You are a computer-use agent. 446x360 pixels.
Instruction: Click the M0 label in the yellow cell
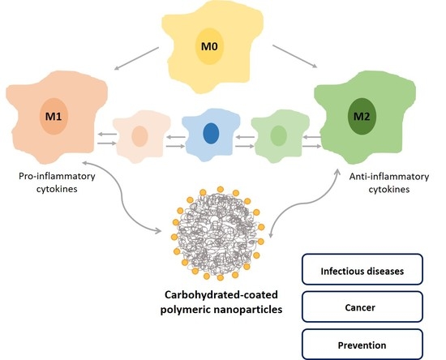210,48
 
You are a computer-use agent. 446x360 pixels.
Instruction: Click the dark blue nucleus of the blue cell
210,133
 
